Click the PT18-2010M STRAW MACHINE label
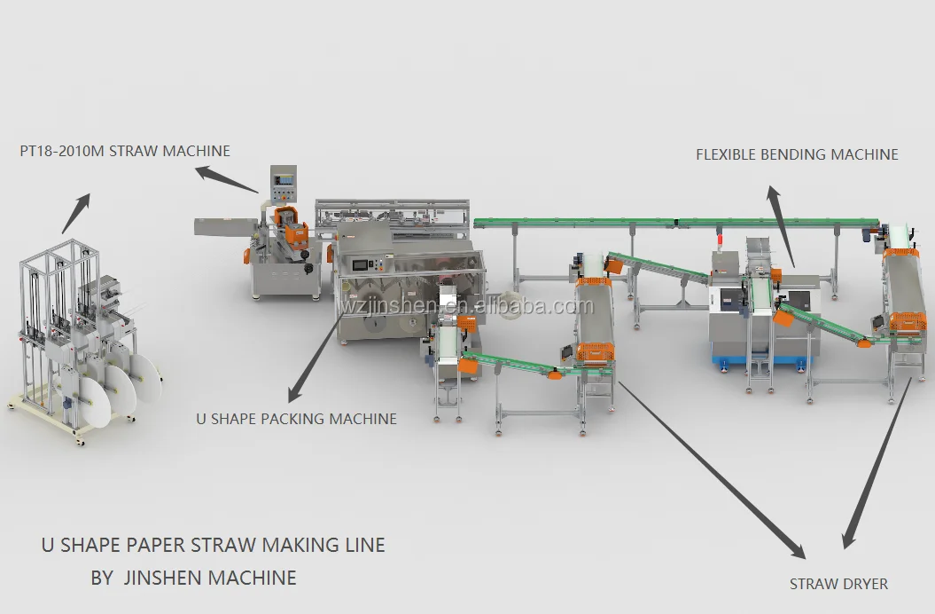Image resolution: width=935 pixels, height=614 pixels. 125,151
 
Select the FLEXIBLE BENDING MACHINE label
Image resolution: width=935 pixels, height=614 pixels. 796,154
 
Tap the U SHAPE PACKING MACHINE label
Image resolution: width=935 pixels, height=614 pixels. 296,418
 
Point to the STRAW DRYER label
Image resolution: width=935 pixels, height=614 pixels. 838,583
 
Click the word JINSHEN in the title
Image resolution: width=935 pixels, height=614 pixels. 161,578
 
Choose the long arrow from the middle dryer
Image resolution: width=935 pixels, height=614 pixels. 709,469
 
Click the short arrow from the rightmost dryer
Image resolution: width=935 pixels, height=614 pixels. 877,461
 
